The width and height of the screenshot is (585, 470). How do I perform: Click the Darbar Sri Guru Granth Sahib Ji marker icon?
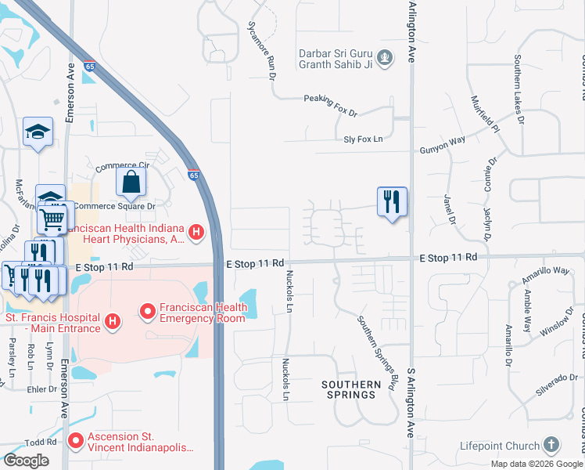384,56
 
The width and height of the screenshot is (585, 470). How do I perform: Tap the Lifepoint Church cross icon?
551,444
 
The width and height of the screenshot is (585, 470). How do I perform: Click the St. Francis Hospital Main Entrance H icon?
113,320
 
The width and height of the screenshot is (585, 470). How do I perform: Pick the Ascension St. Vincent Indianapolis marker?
76,441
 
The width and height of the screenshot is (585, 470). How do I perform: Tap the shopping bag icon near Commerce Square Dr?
131,183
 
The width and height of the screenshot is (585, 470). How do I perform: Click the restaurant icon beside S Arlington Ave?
392,201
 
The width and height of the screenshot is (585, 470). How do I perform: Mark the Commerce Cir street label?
121,167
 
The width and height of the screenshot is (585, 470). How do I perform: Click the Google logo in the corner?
26,461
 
